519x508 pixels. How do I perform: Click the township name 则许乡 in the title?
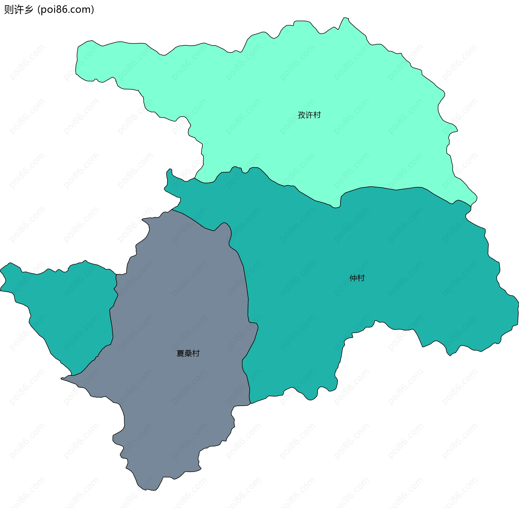coord(18,9)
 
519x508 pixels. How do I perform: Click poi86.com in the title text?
coord(66,9)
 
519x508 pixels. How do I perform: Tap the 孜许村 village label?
coord(309,115)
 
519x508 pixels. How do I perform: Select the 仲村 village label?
coord(357,278)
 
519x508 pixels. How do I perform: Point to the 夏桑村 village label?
coord(188,353)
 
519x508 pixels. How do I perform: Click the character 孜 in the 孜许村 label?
coord(302,115)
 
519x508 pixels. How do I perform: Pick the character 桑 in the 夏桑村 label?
coord(188,353)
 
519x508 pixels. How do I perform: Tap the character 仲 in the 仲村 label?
coord(353,278)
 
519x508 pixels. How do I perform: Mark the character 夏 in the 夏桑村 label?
coord(180,353)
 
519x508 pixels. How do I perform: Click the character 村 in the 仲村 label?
coord(361,278)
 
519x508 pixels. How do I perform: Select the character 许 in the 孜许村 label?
coord(309,115)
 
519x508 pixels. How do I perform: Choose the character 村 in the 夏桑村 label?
coord(196,353)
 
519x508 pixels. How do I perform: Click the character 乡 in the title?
coord(28,9)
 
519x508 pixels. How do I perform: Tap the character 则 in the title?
coord(9,9)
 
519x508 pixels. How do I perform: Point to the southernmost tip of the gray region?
coord(146,490)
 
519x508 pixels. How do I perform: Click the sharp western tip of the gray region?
coord(61,379)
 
